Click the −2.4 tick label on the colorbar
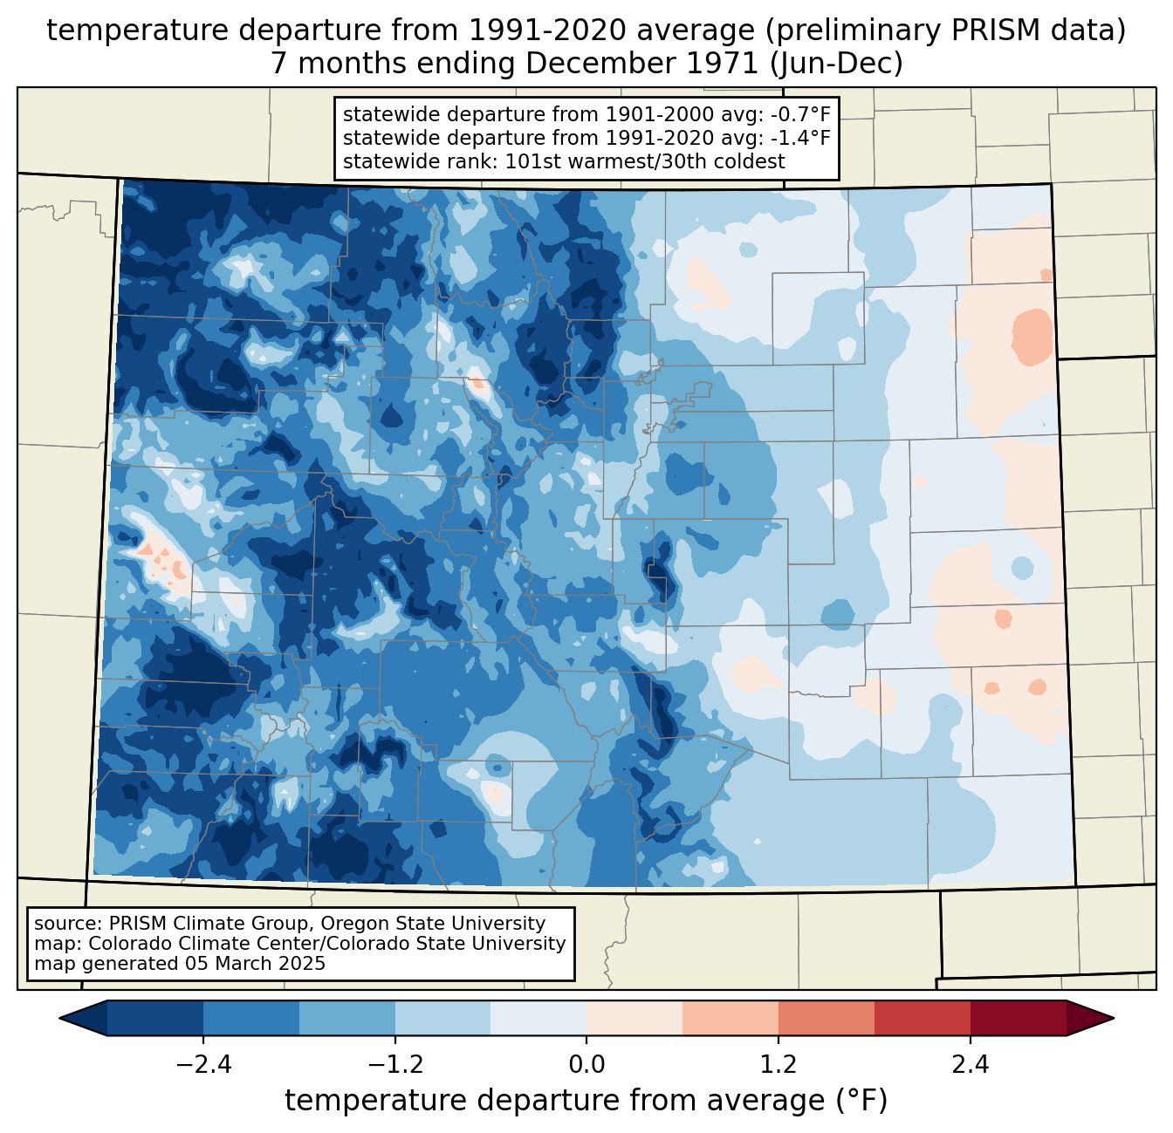pos(202,1064)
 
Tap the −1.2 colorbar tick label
pos(394,1064)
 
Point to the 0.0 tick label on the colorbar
pos(586,1064)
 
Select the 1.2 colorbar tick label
pos(779,1064)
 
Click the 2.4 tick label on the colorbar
pos(970,1064)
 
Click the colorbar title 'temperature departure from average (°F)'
pos(586,1101)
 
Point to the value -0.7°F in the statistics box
pos(799,114)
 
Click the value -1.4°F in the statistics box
pos(799,138)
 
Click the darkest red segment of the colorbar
pos(1018,1018)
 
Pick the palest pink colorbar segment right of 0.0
pos(635,1018)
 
